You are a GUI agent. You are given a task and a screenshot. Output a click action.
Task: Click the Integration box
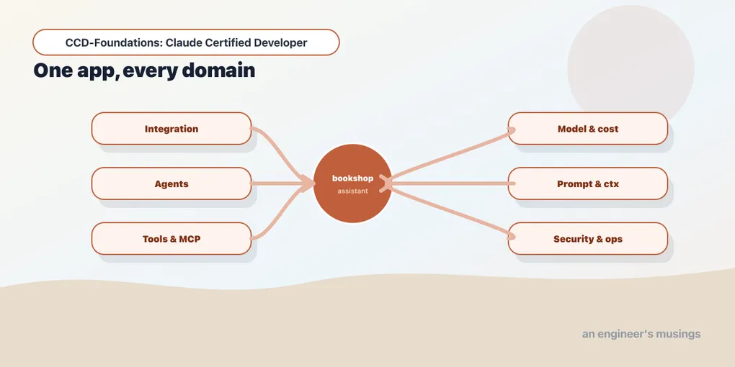click(171, 128)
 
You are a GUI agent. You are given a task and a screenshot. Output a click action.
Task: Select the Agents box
click(171, 183)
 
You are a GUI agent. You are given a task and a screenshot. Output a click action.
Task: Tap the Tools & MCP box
click(171, 239)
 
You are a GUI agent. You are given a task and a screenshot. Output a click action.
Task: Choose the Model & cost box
click(588, 128)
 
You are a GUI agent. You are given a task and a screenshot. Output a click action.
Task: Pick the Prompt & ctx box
click(588, 183)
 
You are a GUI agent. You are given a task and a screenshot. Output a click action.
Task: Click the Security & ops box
click(588, 239)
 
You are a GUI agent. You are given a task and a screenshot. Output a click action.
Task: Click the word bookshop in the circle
click(352, 178)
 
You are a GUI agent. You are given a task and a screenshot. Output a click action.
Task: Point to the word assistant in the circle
click(352, 191)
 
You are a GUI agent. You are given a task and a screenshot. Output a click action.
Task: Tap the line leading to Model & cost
click(450, 155)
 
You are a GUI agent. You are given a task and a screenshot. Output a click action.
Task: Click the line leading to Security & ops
click(450, 212)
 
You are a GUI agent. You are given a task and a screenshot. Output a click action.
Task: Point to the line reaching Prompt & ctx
click(450, 183)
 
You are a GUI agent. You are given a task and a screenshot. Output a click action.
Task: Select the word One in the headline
click(48, 71)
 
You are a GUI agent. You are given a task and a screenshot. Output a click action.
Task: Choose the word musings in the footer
click(679, 334)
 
